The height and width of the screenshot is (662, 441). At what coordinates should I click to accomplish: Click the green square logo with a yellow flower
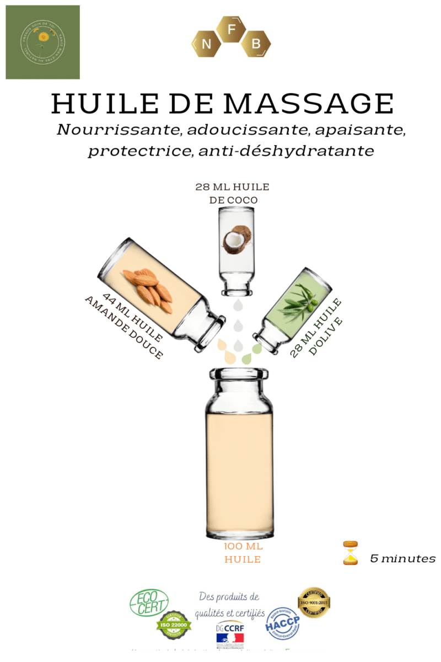point(43,42)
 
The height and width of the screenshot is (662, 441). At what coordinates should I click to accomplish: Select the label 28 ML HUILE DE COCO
point(233,193)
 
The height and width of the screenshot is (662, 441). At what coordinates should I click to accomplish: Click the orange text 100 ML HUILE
point(243,553)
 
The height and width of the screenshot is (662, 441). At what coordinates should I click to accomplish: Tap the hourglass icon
point(349,553)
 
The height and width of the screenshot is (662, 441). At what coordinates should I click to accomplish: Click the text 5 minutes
point(402,558)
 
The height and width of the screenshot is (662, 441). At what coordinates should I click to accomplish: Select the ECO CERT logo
point(149,602)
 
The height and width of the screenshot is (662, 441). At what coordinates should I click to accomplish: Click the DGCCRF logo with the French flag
point(230,633)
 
